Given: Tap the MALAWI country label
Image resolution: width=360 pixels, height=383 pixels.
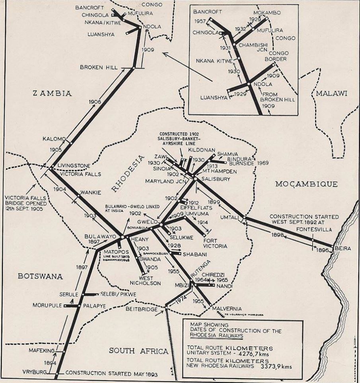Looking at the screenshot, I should [331, 93].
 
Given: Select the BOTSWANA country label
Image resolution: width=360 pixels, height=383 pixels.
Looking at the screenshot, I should [40, 276].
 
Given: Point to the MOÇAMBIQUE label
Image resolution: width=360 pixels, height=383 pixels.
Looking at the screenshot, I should [306, 184].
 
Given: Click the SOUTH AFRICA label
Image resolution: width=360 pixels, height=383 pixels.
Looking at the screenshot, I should [133, 350].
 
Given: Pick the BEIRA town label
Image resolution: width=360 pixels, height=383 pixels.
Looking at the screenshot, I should [343, 249].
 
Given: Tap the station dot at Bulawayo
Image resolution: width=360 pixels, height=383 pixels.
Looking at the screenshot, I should [122, 237].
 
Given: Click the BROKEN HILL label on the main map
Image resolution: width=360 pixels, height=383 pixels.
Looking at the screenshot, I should [99, 67].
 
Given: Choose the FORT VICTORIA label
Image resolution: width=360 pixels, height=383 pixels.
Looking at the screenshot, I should [215, 243].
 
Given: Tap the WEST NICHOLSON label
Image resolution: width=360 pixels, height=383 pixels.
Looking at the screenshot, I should [145, 280].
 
